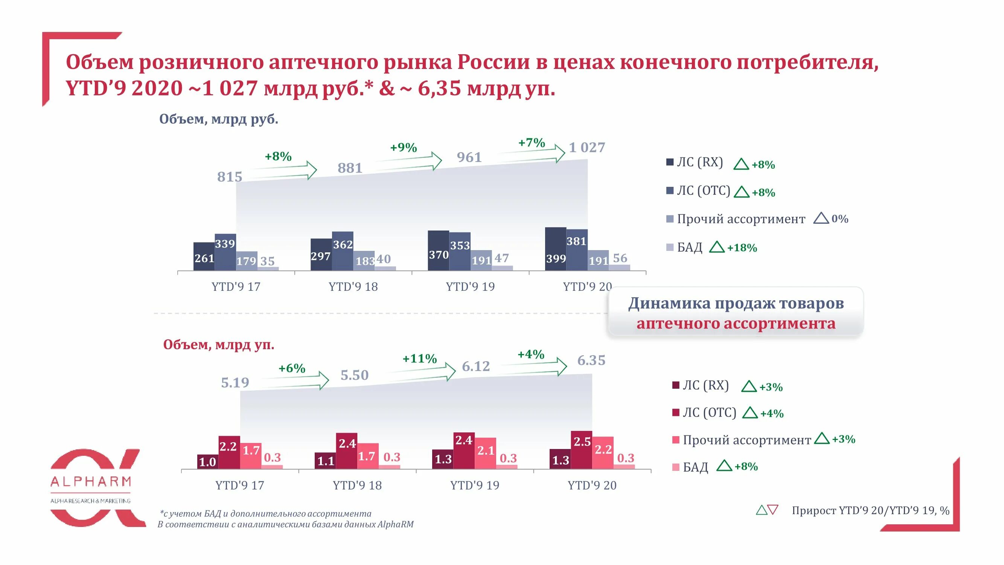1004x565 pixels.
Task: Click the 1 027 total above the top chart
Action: tap(587, 147)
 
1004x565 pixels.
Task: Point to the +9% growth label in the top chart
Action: tap(404, 148)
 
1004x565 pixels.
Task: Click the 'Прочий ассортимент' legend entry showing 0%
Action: tap(740, 219)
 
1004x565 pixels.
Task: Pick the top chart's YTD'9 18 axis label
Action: tap(353, 287)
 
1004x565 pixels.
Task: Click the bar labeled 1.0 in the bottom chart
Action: tap(207, 462)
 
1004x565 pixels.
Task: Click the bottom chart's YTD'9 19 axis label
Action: tap(474, 486)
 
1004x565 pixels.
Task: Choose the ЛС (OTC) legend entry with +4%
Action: tap(709, 412)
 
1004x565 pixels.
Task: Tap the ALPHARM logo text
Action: tap(90, 482)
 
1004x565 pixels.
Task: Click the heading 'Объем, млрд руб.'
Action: tap(219, 119)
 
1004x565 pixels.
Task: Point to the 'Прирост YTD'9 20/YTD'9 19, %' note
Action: tap(870, 510)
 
